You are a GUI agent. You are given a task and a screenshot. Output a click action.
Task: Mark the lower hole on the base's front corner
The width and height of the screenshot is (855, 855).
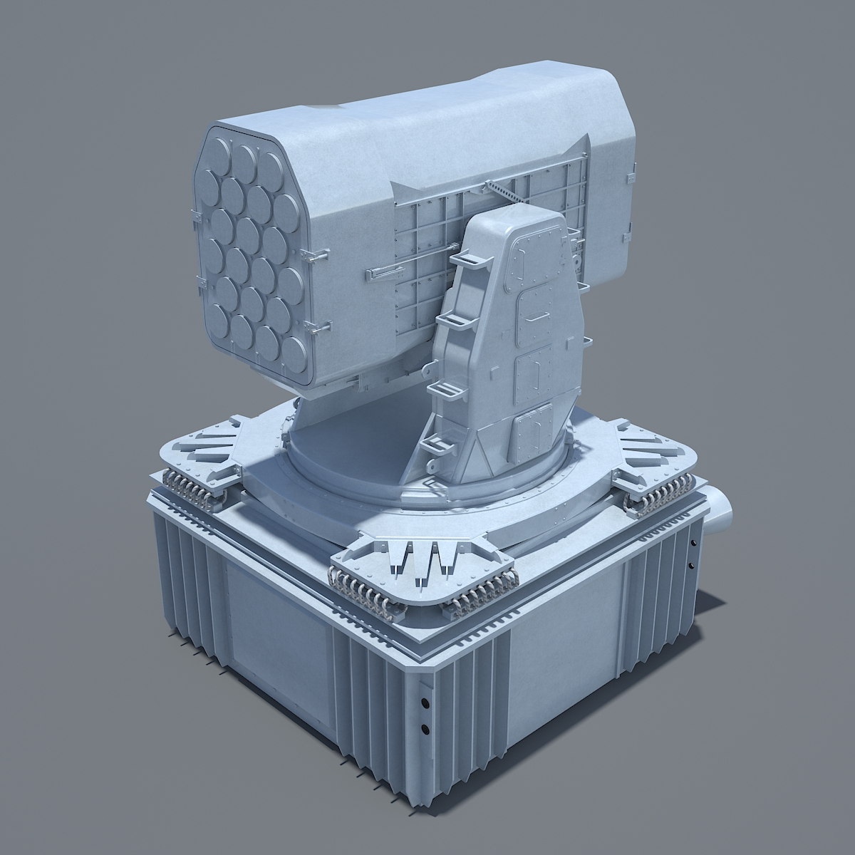tap(425, 729)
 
